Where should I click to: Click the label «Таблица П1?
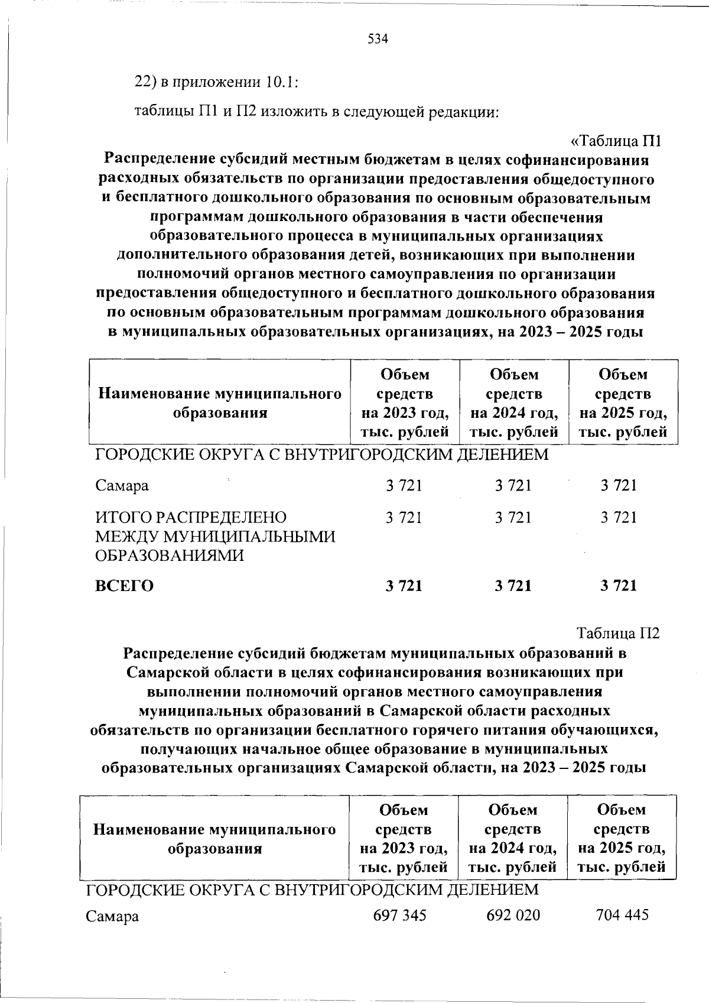click(x=615, y=141)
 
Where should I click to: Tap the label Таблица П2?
click(x=618, y=633)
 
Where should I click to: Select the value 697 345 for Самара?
click(x=400, y=916)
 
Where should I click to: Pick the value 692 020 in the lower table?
click(x=513, y=916)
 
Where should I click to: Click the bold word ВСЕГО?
click(x=125, y=586)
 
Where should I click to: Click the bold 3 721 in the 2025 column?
click(x=619, y=586)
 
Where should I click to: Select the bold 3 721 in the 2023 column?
click(x=404, y=586)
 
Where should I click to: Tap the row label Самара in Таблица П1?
click(x=122, y=486)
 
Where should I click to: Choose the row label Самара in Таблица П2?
click(x=113, y=917)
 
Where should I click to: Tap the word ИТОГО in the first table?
click(x=124, y=518)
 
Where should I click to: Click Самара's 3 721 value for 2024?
click(x=513, y=486)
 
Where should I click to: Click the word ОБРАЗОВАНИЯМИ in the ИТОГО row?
click(x=170, y=556)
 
